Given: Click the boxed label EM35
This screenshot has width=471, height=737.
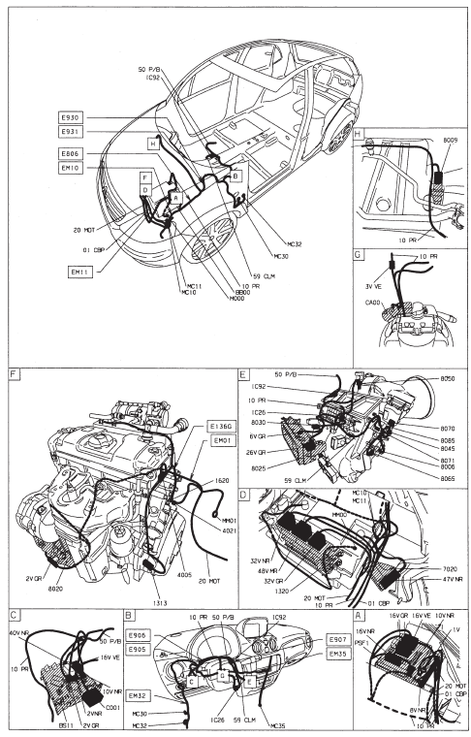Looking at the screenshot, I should click(x=338, y=654).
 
